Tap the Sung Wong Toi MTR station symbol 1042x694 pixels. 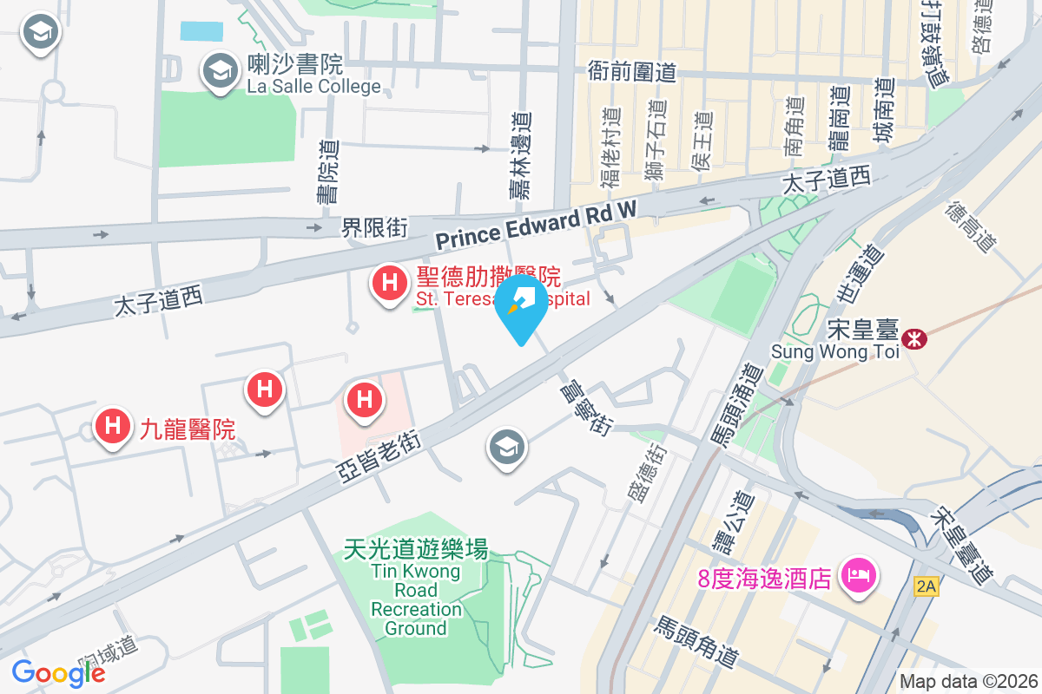914,338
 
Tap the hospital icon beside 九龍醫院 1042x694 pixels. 112,426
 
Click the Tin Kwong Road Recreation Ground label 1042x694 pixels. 415,588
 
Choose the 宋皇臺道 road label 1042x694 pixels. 960,543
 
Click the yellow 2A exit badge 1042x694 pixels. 926,586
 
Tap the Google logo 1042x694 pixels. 58,672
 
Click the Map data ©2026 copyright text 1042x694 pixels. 967,681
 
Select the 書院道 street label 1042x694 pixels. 329,173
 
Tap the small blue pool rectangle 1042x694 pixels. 201,31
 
